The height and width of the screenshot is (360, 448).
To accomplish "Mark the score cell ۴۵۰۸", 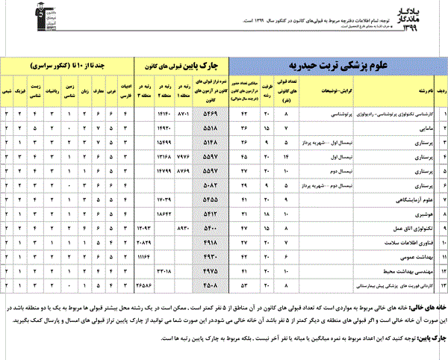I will (x=210, y=285).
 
